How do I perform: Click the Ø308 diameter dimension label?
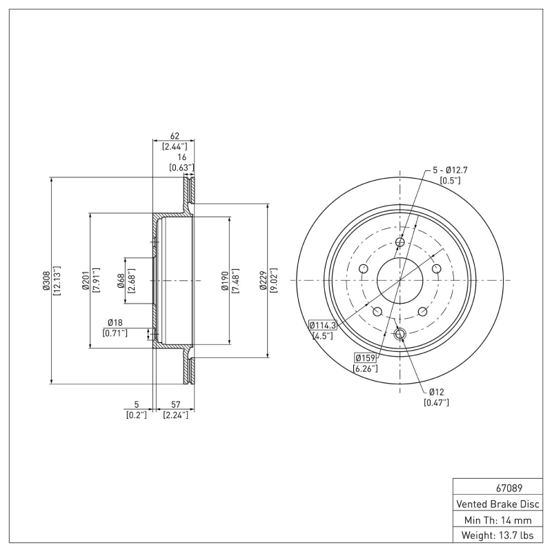46,281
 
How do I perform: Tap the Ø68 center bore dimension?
121,281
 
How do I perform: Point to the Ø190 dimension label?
226,281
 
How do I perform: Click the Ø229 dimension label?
264,281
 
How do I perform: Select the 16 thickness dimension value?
181,157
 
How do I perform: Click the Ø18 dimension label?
115,323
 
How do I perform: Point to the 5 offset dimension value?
137,404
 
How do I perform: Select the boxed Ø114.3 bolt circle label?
322,325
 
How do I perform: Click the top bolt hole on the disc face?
400,242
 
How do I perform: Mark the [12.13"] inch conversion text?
57,281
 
